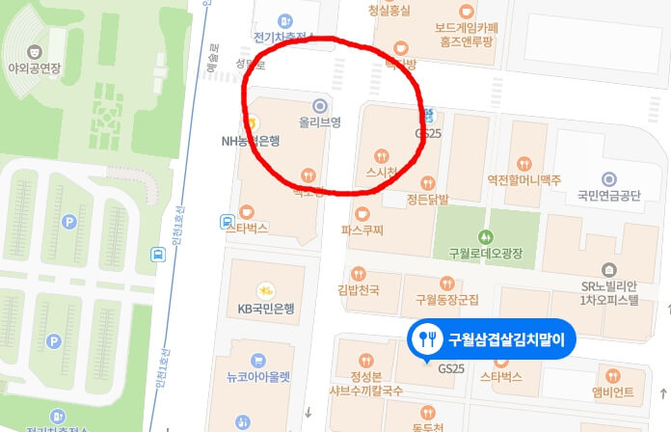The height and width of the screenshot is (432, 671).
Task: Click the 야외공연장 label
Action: pyautogui.click(x=35, y=68)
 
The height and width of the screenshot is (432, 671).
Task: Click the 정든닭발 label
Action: pyautogui.click(x=428, y=200)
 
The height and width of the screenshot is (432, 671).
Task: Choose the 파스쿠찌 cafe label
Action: pyautogui.click(x=363, y=230)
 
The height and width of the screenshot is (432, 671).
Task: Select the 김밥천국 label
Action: pyautogui.click(x=359, y=289)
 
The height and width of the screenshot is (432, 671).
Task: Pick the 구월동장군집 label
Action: pyautogui.click(x=445, y=299)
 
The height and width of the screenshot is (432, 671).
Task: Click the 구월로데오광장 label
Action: pyautogui.click(x=485, y=253)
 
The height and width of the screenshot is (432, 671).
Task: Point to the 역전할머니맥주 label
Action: pyautogui.click(x=524, y=178)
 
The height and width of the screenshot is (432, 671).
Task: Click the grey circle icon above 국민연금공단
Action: pyautogui.click(x=608, y=178)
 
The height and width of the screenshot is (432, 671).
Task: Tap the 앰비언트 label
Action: pyautogui.click(x=613, y=392)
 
